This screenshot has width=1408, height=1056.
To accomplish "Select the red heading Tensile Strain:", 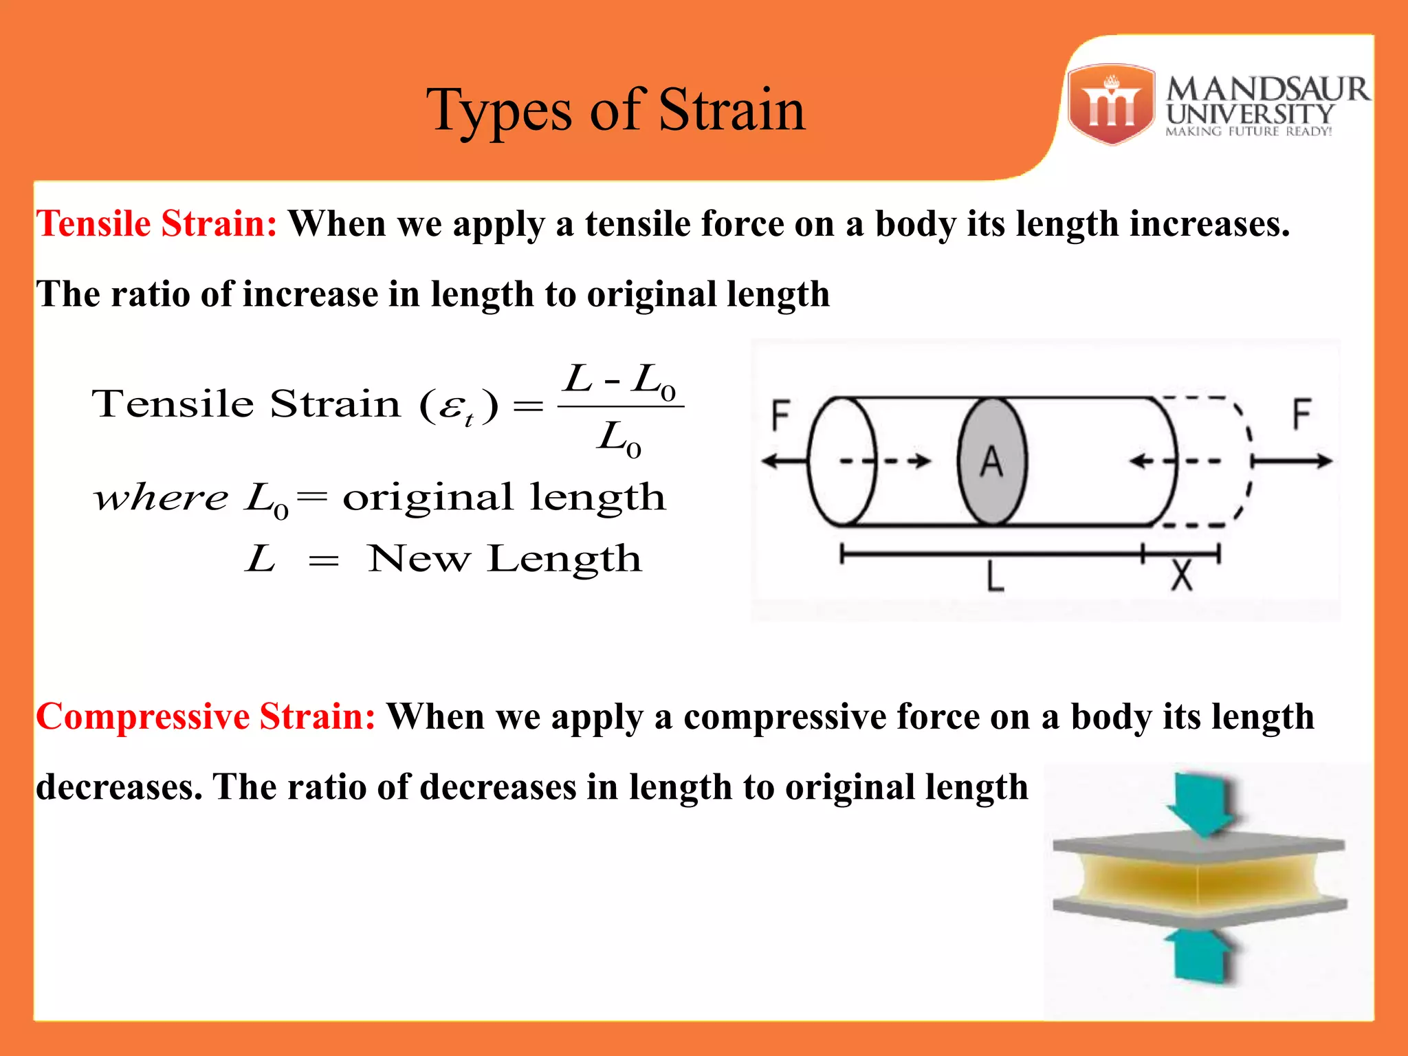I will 157,224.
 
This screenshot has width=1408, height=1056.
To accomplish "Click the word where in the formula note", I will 161,498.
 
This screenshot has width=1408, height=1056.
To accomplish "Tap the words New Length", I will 505,558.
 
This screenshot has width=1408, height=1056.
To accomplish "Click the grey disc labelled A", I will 992,461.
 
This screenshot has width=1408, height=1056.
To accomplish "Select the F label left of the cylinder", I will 781,415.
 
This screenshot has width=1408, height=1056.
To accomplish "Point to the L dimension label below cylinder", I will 995,576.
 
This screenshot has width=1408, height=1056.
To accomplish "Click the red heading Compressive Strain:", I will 206,717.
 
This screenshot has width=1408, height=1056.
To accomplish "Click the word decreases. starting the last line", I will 119,787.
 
